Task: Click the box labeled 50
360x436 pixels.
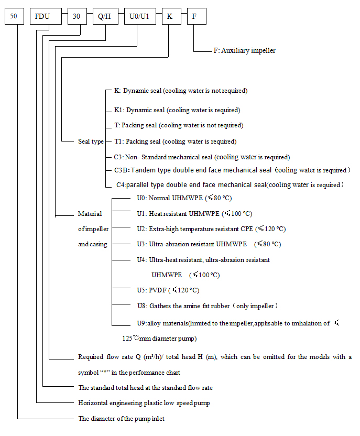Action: tap(15, 16)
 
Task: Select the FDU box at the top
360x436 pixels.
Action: tap(42, 16)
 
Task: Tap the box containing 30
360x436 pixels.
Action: tap(77, 16)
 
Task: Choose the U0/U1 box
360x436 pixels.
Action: tap(139, 16)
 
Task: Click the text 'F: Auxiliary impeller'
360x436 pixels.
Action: tap(244, 51)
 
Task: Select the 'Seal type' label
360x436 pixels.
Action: tap(91, 141)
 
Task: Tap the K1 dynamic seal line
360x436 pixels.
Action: tap(177, 110)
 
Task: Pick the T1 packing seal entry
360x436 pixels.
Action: tap(175, 141)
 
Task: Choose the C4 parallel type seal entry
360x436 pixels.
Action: tap(230, 184)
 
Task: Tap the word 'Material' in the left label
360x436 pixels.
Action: tap(90, 214)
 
